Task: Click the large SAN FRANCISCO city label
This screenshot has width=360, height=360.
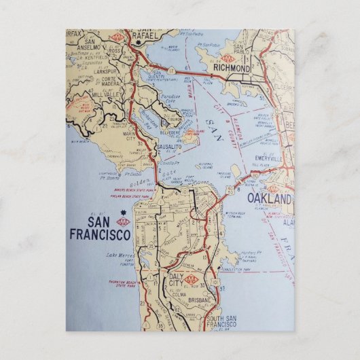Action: [x=99, y=229]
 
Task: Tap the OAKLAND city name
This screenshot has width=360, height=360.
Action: [x=269, y=198]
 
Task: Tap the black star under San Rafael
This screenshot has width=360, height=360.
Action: [x=140, y=42]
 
